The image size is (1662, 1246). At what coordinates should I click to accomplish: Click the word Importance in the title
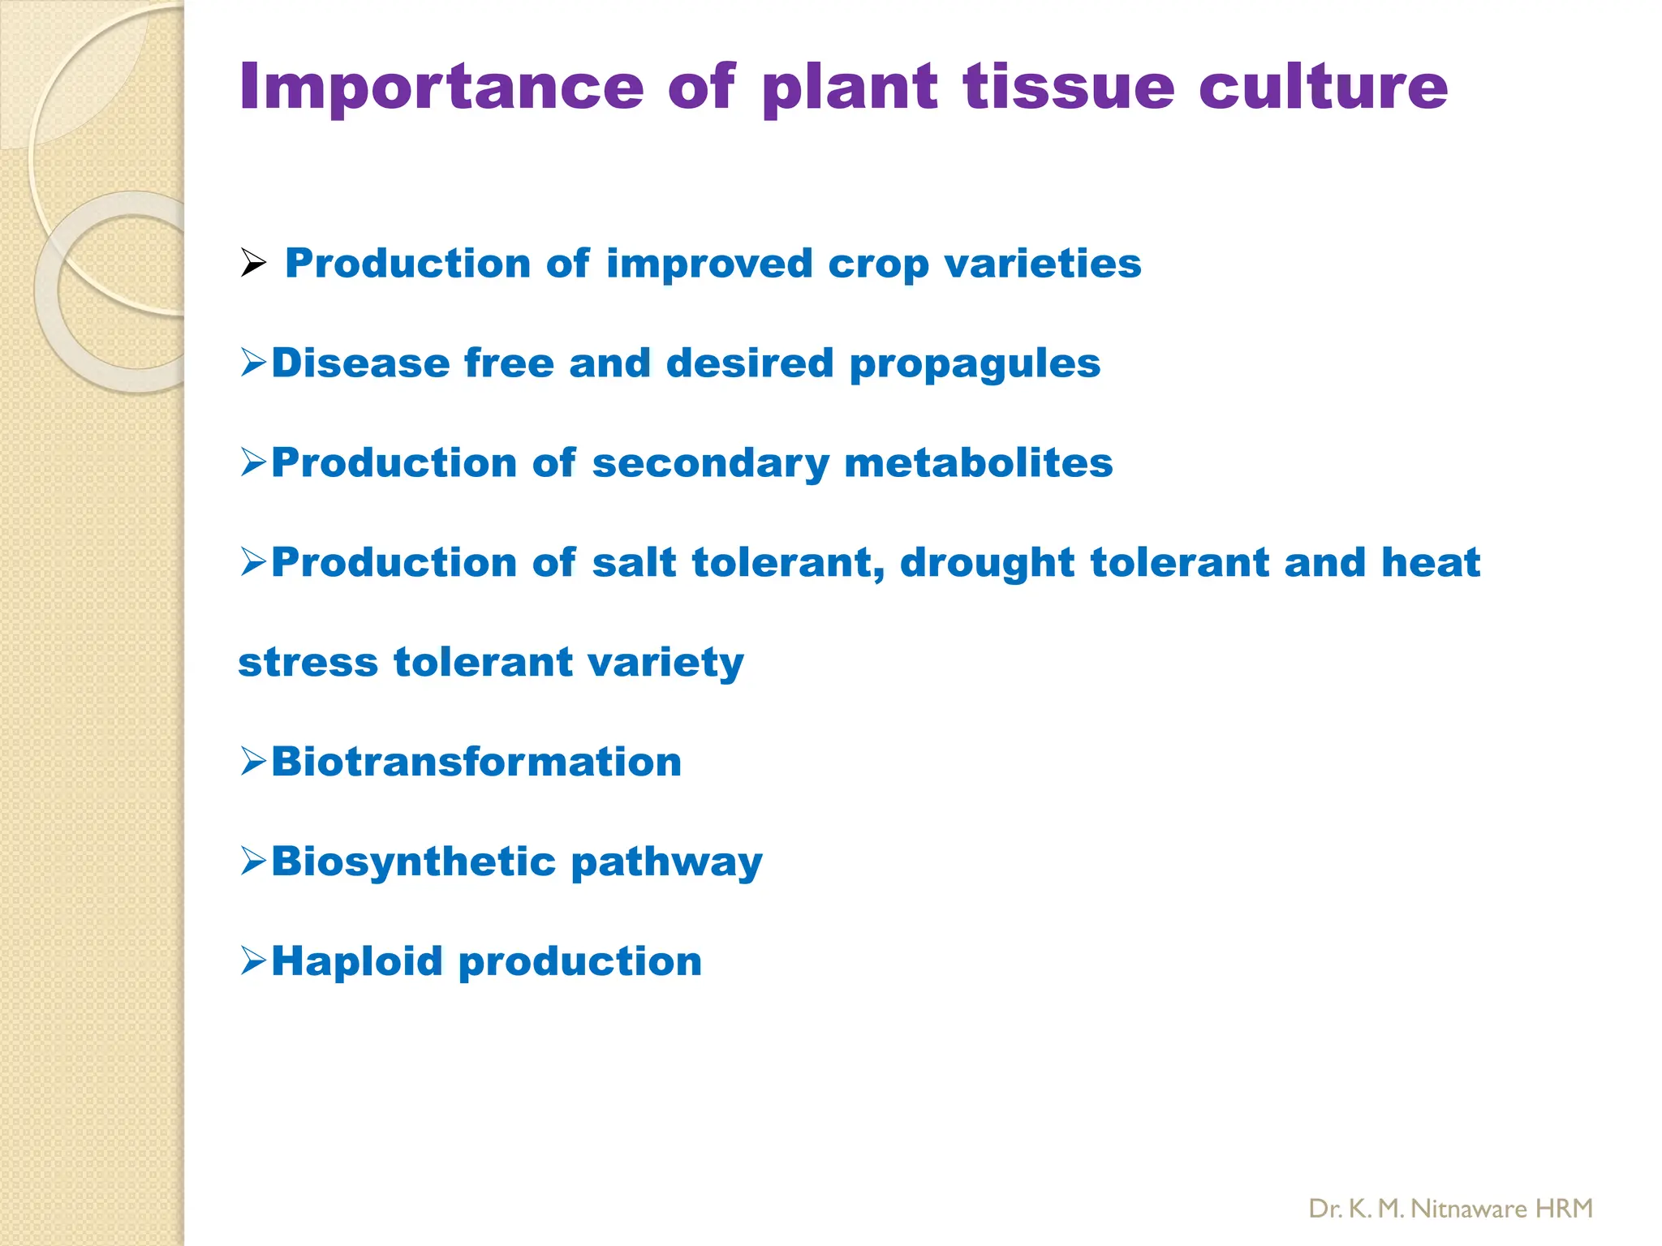click(441, 88)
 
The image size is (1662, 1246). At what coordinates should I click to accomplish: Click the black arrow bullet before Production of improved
click(253, 264)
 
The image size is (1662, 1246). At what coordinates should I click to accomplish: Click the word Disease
click(360, 363)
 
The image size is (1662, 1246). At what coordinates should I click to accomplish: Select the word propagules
click(975, 364)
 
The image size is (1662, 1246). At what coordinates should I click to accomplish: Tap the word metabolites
click(978, 463)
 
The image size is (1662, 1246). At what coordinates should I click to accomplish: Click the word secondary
click(710, 463)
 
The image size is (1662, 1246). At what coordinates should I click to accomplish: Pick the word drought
click(987, 563)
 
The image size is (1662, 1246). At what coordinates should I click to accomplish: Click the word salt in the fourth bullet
click(634, 562)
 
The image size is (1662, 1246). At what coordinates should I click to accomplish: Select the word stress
click(308, 662)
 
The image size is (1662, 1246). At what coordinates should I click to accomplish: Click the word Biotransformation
click(476, 762)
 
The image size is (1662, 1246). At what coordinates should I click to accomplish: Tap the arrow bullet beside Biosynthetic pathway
click(253, 861)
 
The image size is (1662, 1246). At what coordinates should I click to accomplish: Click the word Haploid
click(356, 961)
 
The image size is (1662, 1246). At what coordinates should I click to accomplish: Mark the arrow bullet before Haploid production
click(253, 961)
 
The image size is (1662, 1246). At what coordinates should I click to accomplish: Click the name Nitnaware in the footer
click(1468, 1209)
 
